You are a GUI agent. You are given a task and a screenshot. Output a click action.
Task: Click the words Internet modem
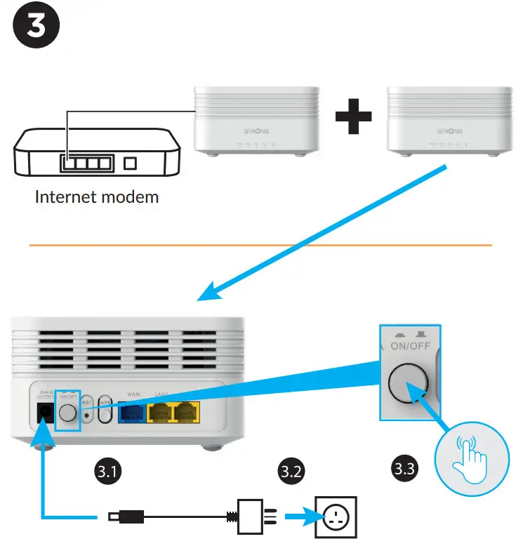pyautogui.click(x=97, y=197)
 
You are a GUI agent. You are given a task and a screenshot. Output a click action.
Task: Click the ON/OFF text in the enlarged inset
pyautogui.click(x=409, y=346)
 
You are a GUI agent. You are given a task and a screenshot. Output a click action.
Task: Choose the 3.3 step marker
pyautogui.click(x=403, y=467)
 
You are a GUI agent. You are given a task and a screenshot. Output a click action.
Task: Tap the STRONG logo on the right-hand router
pyautogui.click(x=450, y=131)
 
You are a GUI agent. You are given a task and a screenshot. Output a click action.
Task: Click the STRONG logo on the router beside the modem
pyautogui.click(x=255, y=131)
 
